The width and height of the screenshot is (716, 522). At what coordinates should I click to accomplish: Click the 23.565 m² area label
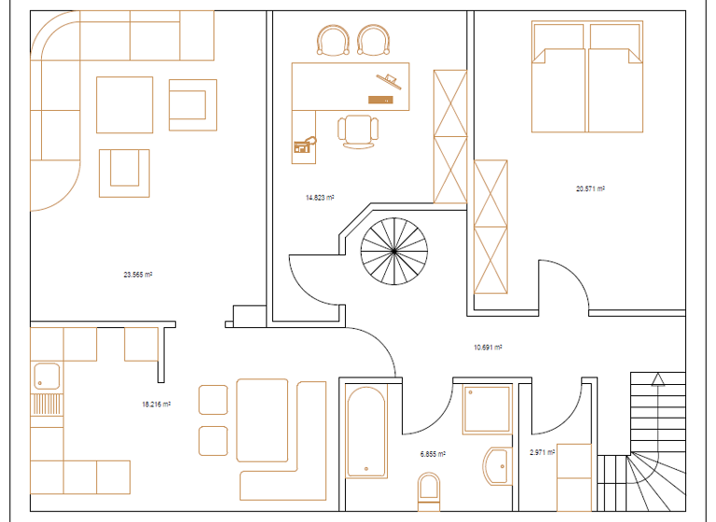138,275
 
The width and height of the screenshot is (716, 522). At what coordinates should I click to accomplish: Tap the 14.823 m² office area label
320,198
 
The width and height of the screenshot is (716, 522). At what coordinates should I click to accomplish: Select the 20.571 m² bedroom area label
590,188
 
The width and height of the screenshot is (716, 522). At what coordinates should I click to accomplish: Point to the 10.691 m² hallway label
488,347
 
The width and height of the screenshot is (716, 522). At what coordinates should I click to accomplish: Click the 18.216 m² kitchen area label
156,405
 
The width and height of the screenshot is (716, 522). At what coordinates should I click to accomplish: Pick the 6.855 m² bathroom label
433,454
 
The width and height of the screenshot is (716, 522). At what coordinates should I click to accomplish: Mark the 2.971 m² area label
542,452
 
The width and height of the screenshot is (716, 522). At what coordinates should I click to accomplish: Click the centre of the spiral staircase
394,251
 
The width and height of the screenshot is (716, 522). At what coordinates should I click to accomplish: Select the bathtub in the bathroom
365,432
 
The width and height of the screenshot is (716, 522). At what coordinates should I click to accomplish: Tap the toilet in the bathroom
430,488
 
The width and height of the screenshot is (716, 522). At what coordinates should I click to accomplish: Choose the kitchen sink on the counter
46,377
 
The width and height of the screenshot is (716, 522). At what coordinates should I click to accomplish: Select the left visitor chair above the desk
333,41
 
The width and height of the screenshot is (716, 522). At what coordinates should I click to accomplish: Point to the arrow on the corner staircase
657,379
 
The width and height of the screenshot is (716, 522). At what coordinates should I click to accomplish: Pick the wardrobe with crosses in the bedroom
491,227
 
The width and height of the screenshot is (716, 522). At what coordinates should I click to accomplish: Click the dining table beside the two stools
262,419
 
